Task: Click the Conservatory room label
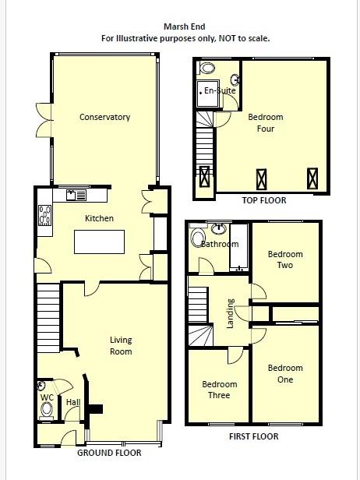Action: point(104,118)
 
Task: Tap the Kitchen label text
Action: point(99,218)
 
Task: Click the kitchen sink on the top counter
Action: point(77,195)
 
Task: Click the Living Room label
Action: point(121,345)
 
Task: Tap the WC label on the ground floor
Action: point(46,397)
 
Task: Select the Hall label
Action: point(72,402)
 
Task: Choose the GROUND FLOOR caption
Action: point(109,453)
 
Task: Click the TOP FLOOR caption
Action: point(263,200)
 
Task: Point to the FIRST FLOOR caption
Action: point(254,436)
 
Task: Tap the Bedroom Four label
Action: point(266,123)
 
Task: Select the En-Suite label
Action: point(220,91)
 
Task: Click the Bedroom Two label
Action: point(285,259)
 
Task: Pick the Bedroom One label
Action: point(285,374)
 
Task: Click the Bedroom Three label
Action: point(220,390)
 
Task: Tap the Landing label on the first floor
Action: point(230,313)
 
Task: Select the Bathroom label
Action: point(221,244)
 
